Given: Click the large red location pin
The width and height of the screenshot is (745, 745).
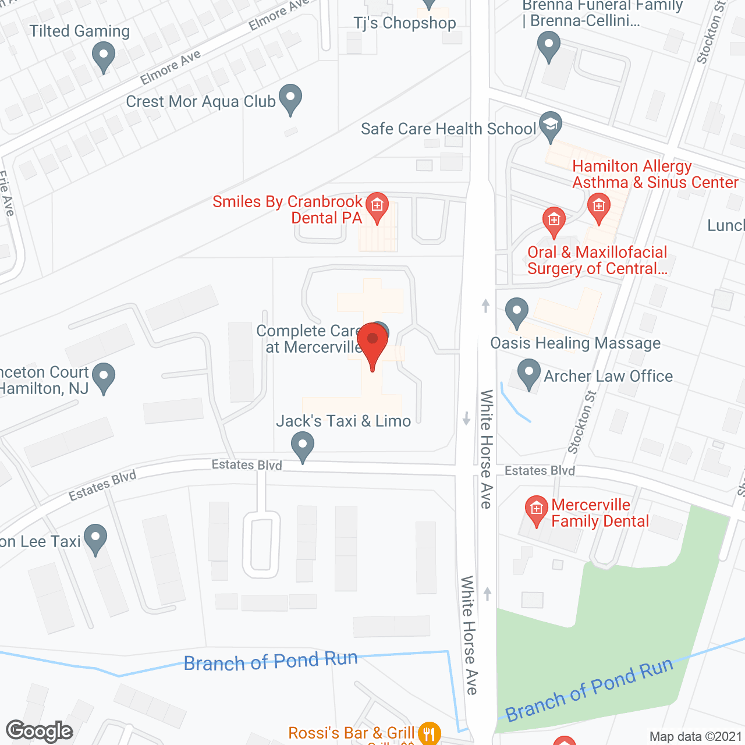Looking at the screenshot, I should pos(372,341).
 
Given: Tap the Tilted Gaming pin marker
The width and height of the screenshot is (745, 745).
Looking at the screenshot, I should pos(103,57).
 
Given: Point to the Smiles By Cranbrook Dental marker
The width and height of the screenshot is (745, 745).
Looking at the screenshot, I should pos(377,206).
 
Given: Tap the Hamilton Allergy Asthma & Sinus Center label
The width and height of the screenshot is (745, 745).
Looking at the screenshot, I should pos(655,174).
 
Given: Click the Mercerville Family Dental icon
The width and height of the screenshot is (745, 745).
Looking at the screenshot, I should pos(536,509).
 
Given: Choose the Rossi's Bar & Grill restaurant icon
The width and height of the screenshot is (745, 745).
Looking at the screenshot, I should pos(429,733).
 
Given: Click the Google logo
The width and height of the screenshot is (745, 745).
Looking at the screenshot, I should pos(40,731).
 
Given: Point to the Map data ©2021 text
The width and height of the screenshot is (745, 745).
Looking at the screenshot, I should pos(696,736).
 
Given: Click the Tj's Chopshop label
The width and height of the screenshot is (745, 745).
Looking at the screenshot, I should pos(405,23).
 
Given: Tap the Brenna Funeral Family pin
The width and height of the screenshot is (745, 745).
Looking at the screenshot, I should pos(548,45).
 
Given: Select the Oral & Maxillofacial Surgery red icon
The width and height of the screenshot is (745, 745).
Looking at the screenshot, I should pos(554,221).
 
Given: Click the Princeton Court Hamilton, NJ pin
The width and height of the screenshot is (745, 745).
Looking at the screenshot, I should pos(104,377).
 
